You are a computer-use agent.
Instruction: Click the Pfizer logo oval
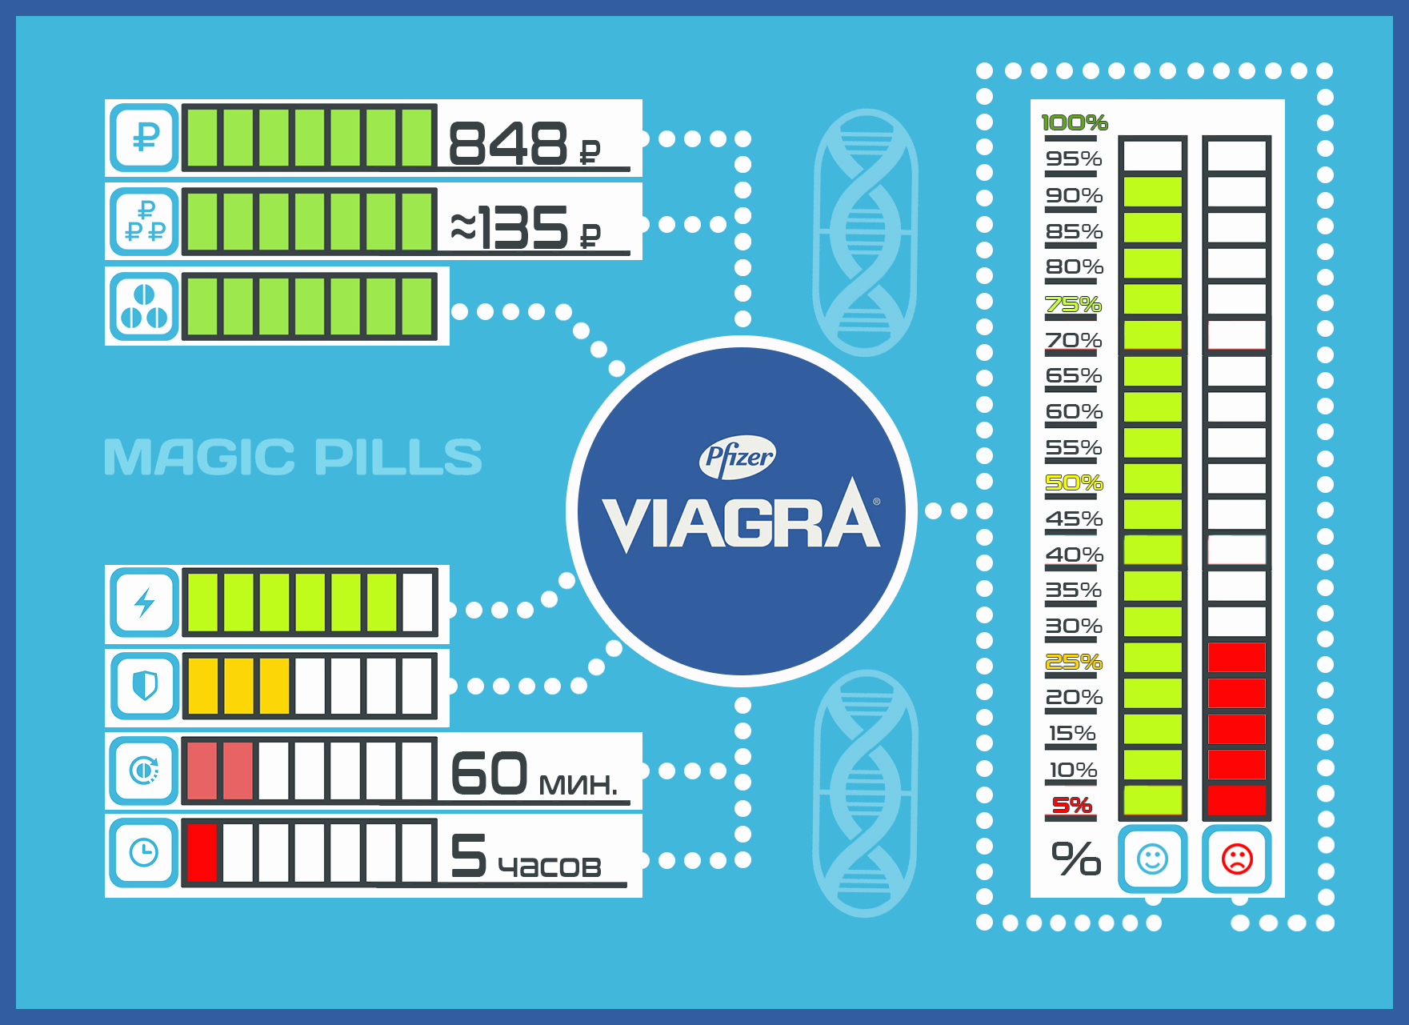pyautogui.click(x=737, y=457)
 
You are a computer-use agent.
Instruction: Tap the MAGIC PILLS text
pyautogui.click(x=293, y=457)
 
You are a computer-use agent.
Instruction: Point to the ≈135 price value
pyautogui.click(x=510, y=228)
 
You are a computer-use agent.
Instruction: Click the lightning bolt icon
pyautogui.click(x=144, y=603)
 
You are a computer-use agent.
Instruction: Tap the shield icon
pyautogui.click(x=144, y=686)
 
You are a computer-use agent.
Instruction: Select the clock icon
pyautogui.click(x=144, y=852)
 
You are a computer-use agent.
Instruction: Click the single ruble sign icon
pyautogui.click(x=145, y=137)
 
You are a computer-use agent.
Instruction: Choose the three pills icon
pyautogui.click(x=144, y=306)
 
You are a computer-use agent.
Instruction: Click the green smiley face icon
pyautogui.click(x=1152, y=859)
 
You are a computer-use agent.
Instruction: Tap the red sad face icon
pyautogui.click(x=1237, y=859)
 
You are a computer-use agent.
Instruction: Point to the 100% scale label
pyautogui.click(x=1074, y=122)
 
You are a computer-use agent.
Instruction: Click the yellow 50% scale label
pyautogui.click(x=1074, y=483)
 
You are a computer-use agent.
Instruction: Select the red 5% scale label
pyautogui.click(x=1072, y=805)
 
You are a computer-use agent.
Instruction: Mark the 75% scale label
pyautogui.click(x=1074, y=305)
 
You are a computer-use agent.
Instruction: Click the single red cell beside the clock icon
pyautogui.click(x=202, y=853)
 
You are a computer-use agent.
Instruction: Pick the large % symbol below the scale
pyautogui.click(x=1075, y=859)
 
